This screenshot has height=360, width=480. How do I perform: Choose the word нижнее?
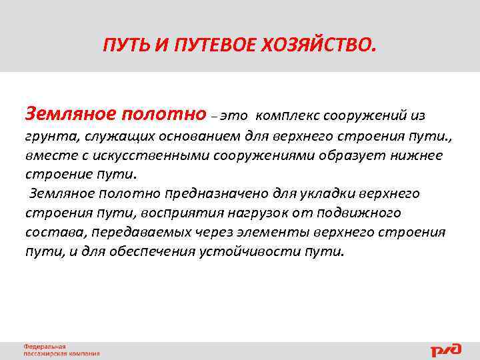click(x=414, y=156)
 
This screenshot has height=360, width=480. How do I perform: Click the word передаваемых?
click(x=133, y=233)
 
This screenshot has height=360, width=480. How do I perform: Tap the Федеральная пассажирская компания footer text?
click(x=61, y=350)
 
